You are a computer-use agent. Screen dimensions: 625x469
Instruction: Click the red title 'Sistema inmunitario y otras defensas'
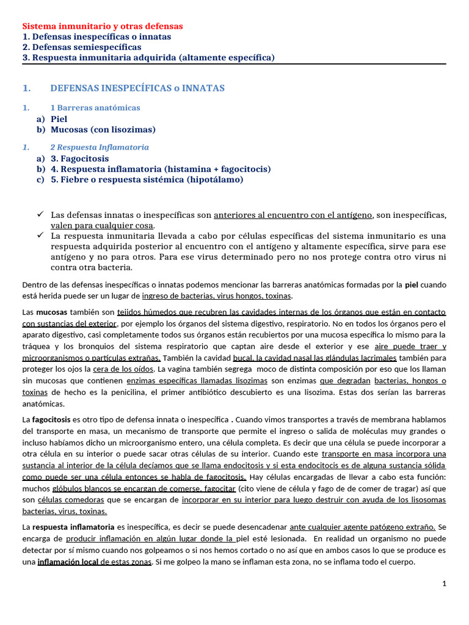pyautogui.click(x=103, y=26)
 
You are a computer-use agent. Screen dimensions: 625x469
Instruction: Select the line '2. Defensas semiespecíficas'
pyautogui.click(x=81, y=47)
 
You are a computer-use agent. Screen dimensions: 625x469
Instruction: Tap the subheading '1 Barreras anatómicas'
pyautogui.click(x=95, y=108)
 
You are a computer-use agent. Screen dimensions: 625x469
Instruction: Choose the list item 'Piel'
pyautogui.click(x=59, y=119)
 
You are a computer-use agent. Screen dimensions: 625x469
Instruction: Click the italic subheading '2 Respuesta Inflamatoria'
pyautogui.click(x=99, y=148)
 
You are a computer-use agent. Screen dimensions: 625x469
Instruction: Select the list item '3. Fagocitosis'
pyautogui.click(x=79, y=159)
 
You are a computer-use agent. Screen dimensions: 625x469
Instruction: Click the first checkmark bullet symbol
pyautogui.click(x=40, y=214)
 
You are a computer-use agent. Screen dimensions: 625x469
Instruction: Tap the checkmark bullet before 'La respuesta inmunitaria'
pyautogui.click(x=40, y=235)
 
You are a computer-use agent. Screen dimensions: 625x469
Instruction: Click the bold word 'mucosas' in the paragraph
pyautogui.click(x=54, y=312)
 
